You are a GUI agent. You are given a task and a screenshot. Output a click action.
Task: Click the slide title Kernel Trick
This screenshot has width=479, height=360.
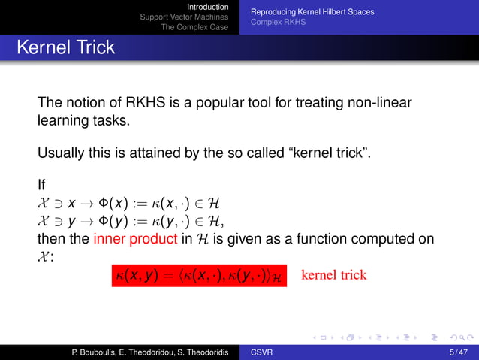coord(65,47)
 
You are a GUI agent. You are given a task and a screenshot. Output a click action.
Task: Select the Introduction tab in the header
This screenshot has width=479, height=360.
coord(208,7)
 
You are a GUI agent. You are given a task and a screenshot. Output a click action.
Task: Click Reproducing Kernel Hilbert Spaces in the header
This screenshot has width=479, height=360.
coord(312,12)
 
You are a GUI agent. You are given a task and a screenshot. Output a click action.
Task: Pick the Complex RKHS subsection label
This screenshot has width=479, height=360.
coord(278,23)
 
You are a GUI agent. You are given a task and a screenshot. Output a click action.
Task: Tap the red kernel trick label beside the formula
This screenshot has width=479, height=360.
coord(333,274)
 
